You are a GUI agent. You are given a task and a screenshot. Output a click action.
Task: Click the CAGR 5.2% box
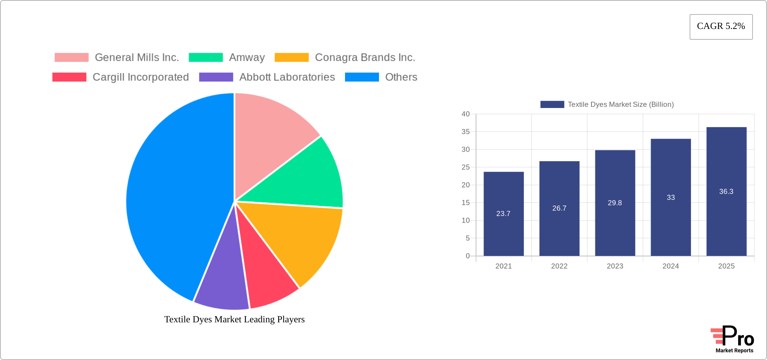[721, 27]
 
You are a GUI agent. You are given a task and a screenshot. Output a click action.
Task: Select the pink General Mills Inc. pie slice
[269, 141]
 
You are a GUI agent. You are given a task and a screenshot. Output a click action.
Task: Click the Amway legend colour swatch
[206, 58]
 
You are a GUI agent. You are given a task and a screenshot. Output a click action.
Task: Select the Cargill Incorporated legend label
[141, 77]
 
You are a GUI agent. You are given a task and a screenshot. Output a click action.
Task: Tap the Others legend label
[401, 77]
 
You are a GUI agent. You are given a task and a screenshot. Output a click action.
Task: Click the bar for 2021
[504, 214]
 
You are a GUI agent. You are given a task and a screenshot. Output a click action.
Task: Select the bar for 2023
[615, 203]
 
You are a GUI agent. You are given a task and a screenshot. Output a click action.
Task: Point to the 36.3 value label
[726, 191]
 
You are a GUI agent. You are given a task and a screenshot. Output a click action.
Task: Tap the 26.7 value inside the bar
[559, 208]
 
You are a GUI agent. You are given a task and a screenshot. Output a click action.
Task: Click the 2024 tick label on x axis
[670, 266]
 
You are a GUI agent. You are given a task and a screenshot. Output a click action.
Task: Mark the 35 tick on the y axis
[466, 132]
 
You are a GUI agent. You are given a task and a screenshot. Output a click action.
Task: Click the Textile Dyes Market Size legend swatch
[552, 105]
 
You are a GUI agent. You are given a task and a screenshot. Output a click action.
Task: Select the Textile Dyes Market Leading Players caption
[234, 319]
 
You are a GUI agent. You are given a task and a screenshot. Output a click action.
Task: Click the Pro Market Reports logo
[732, 339]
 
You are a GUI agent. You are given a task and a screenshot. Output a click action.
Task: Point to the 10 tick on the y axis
[466, 220]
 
